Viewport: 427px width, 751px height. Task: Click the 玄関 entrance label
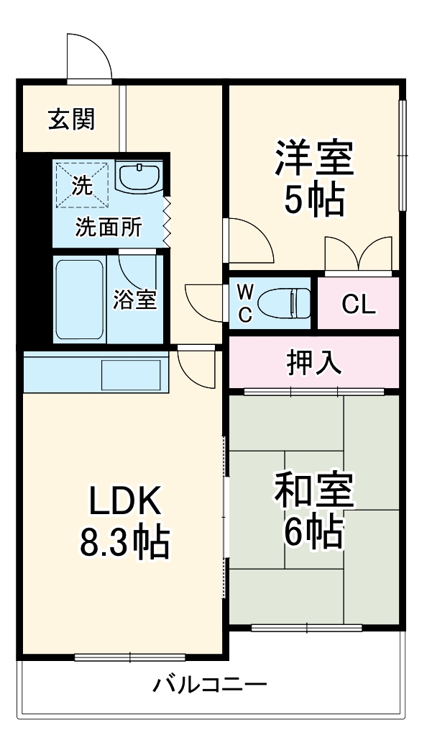pyautogui.click(x=70, y=119)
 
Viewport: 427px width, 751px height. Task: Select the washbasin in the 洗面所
pyautogui.click(x=140, y=177)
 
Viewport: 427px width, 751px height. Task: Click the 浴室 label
pyautogui.click(x=134, y=299)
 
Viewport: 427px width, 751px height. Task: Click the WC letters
pyautogui.click(x=245, y=302)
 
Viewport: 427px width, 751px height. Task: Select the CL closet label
pyautogui.click(x=358, y=305)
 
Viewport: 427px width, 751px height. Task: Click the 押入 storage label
pyautogui.click(x=313, y=363)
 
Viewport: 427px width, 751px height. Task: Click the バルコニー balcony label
pyautogui.click(x=209, y=684)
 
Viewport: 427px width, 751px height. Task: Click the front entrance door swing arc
pyautogui.click(x=90, y=56)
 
